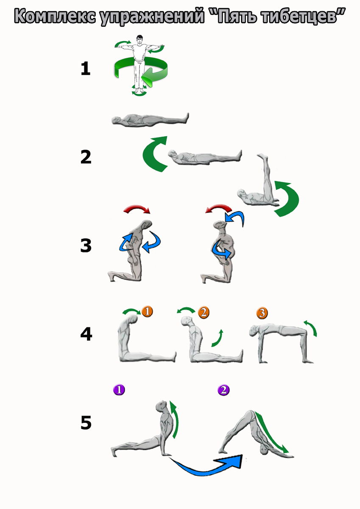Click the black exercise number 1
86,69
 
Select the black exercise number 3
86,246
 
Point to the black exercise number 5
86,422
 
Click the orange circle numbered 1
147,311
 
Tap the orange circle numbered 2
204,313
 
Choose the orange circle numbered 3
262,313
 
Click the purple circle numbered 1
119,390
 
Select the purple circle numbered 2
223,390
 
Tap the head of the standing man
140,39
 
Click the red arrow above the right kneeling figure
218,208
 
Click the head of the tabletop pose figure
254,331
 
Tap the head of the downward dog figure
264,450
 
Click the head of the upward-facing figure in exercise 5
162,406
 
